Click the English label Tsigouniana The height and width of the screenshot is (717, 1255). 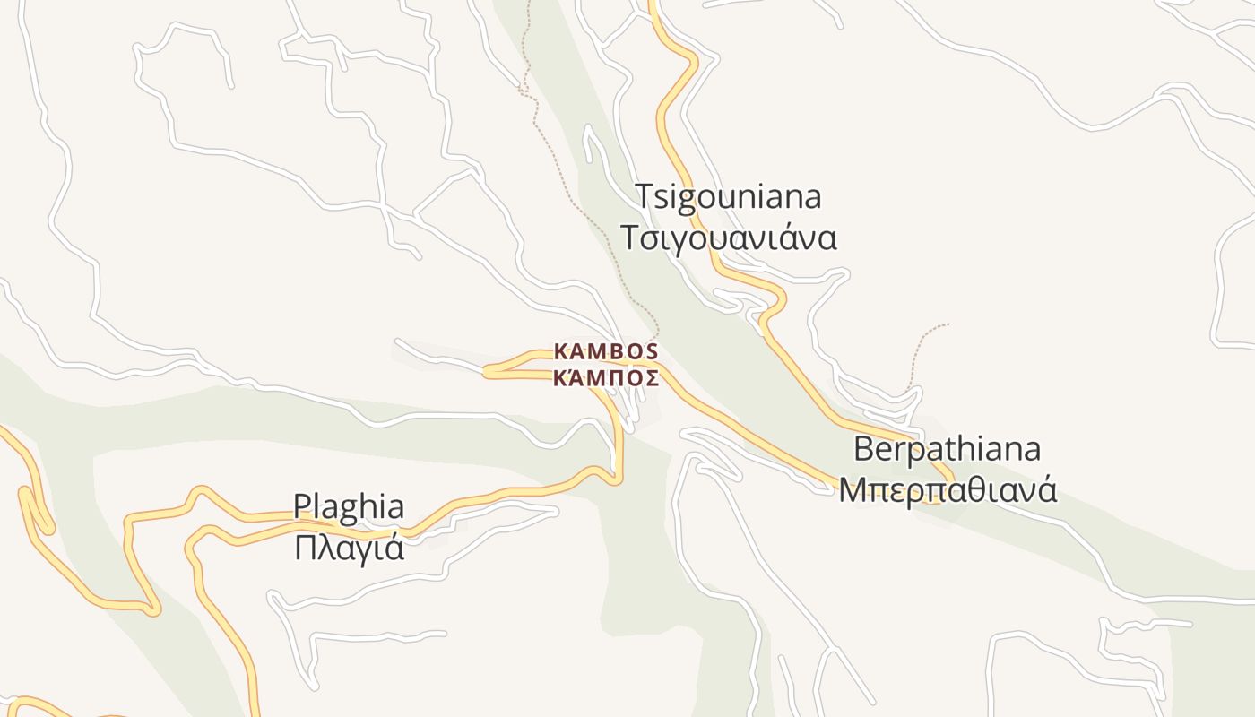pos(728,196)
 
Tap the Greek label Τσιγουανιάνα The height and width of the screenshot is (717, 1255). pos(728,238)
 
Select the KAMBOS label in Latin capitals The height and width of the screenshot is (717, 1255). pos(606,350)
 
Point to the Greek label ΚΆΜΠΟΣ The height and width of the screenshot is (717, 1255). pos(606,377)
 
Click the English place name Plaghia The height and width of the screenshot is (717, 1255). pos(349,507)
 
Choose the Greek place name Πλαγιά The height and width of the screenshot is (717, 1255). pos(349,547)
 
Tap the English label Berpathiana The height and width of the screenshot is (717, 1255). pos(947,448)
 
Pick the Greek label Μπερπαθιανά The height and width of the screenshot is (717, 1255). pos(948,490)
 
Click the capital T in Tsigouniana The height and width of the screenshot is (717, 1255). pos(645,196)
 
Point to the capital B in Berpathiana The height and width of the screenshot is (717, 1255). pos(862,448)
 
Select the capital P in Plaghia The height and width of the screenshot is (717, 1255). pos(302,507)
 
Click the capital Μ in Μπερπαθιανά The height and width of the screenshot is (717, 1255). pos(851,490)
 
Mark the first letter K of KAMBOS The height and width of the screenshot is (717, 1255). pos(560,350)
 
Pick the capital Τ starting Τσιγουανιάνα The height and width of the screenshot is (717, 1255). pos(629,238)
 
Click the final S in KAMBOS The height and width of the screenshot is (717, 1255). pos(652,350)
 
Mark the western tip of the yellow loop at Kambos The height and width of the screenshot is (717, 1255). pos(487,371)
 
